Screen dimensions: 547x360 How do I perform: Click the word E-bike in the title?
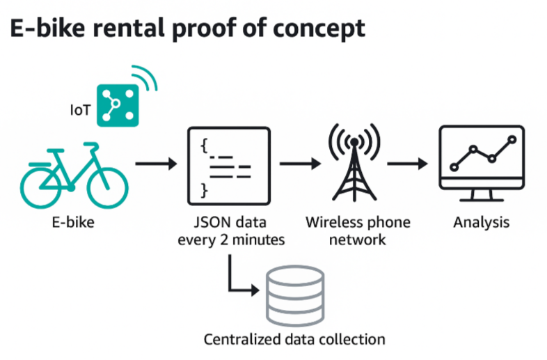tap(47, 29)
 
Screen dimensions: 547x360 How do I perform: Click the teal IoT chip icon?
tap(118, 105)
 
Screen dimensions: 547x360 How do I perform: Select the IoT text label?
tap(80, 110)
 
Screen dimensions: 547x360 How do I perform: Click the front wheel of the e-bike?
tap(107, 188)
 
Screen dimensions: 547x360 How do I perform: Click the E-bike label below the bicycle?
tap(73, 222)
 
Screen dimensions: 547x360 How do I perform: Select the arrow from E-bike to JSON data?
tap(156, 164)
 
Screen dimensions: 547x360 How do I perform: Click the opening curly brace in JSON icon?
tap(205, 146)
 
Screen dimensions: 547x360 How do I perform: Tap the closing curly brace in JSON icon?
tap(205, 191)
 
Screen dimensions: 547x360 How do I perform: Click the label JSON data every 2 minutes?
tap(231, 231)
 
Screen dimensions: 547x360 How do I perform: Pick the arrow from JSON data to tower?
tap(301, 164)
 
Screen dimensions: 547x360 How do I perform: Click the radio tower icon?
tap(354, 162)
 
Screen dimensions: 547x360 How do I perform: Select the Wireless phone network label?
tap(358, 231)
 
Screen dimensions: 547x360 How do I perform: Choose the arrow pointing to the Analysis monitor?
tap(407, 164)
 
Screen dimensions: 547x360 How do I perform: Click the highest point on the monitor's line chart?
tap(512, 140)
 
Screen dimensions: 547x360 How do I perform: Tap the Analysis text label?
tap(482, 222)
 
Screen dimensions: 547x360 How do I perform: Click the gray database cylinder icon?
tap(295, 296)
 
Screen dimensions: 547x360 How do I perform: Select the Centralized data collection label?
tap(294, 339)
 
